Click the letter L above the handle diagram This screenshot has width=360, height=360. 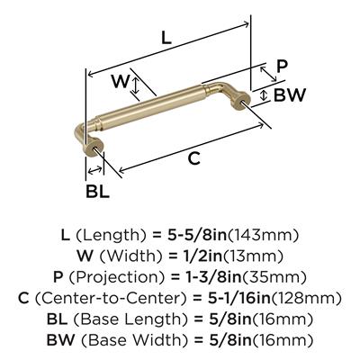click(x=166, y=38)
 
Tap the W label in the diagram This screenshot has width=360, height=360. click(x=121, y=81)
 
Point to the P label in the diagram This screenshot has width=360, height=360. click(x=282, y=67)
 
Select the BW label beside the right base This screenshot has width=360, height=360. click(x=290, y=95)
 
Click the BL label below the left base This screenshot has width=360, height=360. click(x=97, y=191)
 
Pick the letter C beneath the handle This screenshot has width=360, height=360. click(x=194, y=158)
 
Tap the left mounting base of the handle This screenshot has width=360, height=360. click(x=93, y=147)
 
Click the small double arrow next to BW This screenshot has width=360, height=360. click(x=264, y=95)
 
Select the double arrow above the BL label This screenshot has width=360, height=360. click(x=94, y=170)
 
